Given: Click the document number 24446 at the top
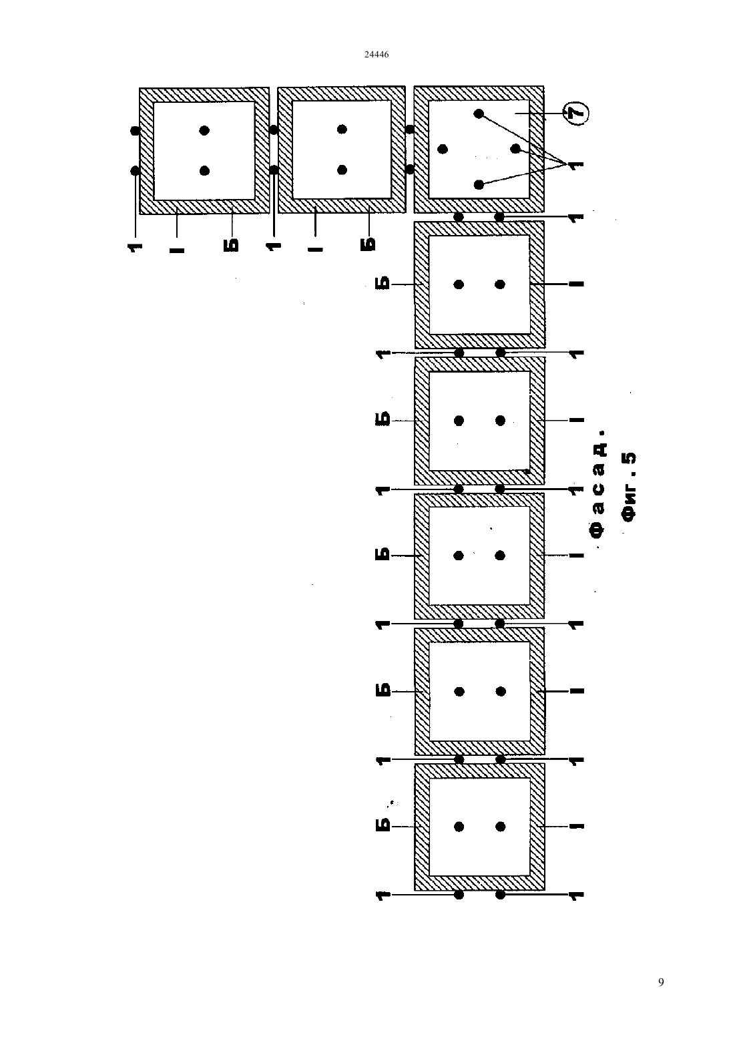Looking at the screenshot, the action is [x=377, y=54].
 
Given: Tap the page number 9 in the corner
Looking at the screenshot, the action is [x=661, y=982].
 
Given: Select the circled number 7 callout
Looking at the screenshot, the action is [x=576, y=114].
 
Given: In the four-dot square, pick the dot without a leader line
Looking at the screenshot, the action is [x=443, y=149].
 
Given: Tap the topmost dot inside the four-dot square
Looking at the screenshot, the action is [x=479, y=114].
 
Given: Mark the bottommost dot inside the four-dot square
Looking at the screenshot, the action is [x=479, y=184].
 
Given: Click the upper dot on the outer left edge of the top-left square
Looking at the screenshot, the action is [x=135, y=131].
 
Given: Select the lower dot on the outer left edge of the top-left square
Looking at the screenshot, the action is [x=135, y=171].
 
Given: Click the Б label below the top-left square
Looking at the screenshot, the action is [x=232, y=245].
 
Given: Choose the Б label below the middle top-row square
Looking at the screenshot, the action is [x=369, y=244].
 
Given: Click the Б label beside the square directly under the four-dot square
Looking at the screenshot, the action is [x=383, y=284].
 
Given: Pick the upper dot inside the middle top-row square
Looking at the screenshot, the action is [x=342, y=130].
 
